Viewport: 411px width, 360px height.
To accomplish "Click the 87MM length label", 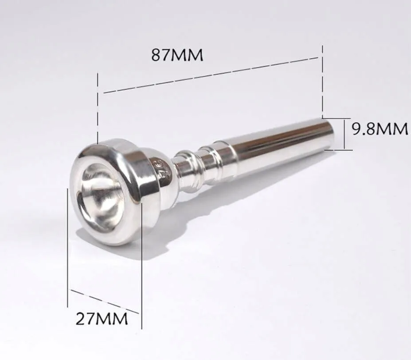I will (x=177, y=55).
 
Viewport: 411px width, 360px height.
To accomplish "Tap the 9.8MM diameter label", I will (x=380, y=129).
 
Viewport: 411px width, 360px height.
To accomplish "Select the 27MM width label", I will (x=102, y=318).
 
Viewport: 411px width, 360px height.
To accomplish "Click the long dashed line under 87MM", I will (x=211, y=75).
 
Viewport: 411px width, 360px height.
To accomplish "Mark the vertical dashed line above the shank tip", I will (x=322, y=80).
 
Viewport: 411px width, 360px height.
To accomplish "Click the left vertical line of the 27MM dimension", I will (x=67, y=249).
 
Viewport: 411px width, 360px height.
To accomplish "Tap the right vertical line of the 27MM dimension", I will (x=141, y=266).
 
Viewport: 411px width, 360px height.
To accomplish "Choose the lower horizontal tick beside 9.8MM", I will (x=339, y=150).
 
